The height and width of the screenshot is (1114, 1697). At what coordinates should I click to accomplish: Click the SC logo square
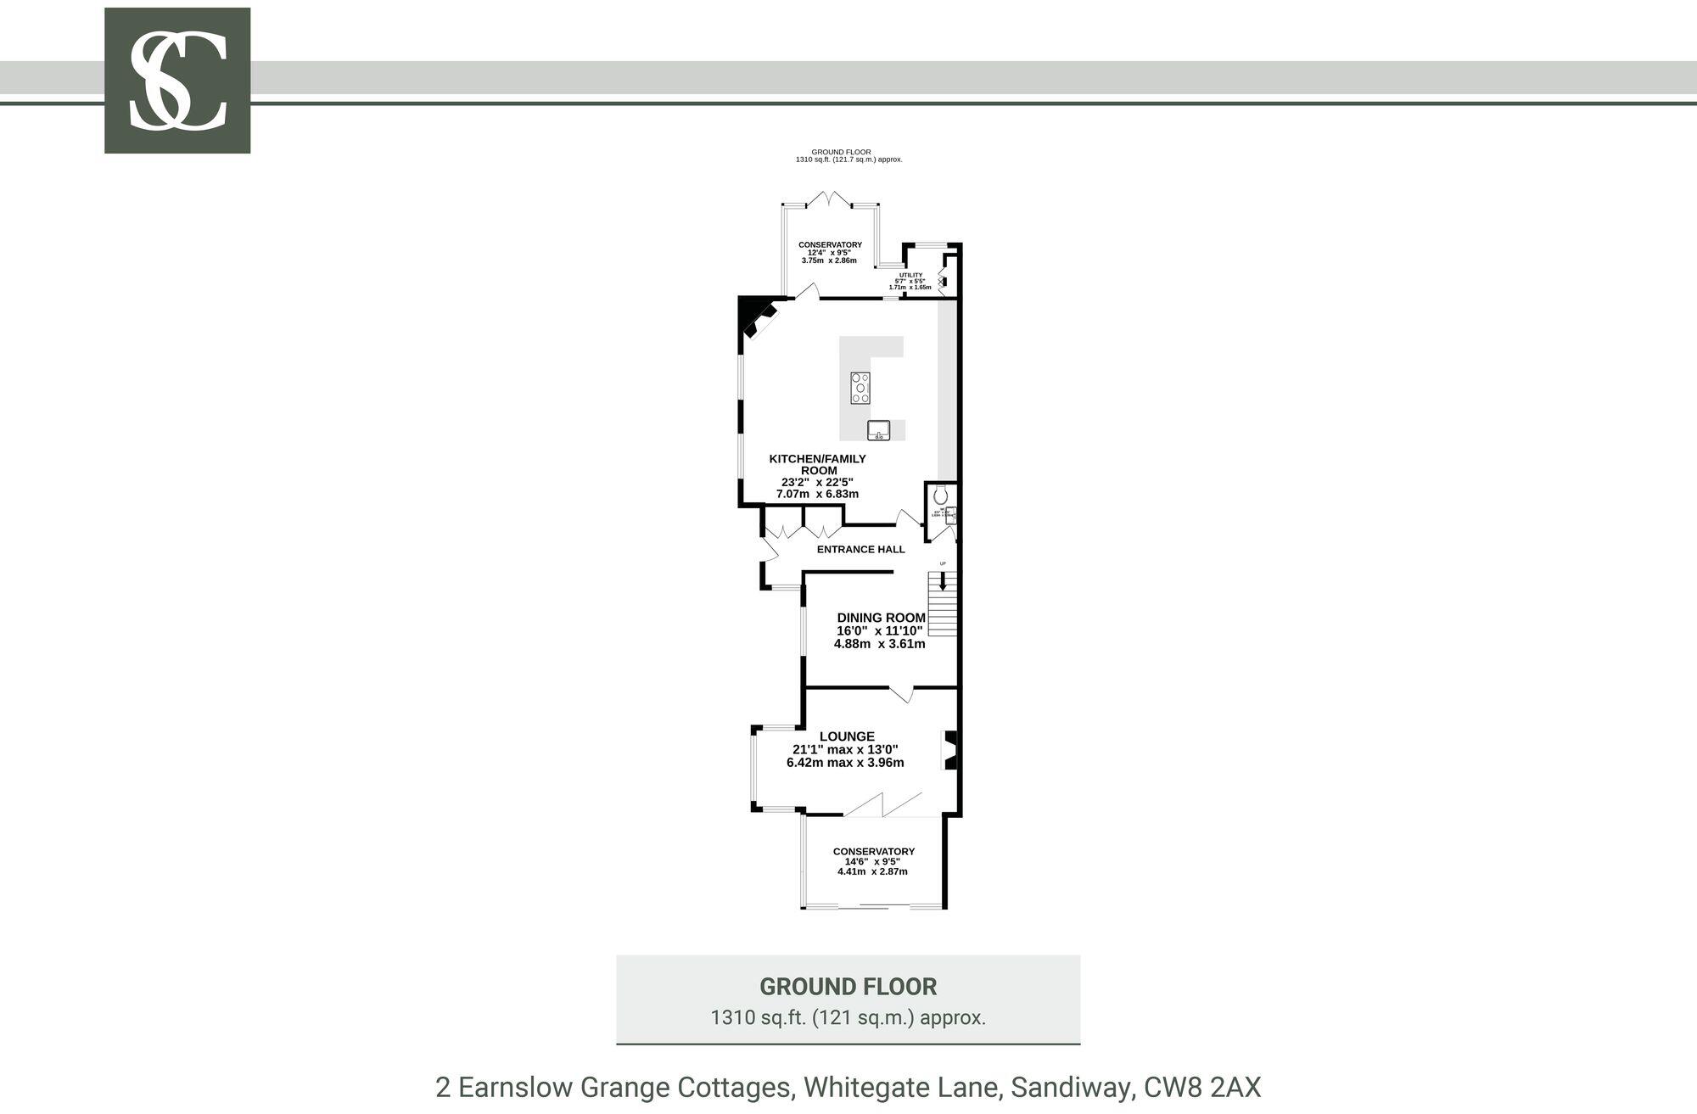(x=177, y=81)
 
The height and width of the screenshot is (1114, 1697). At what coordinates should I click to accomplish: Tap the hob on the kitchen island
(x=860, y=388)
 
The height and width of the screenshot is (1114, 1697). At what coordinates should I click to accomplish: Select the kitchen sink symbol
(x=878, y=430)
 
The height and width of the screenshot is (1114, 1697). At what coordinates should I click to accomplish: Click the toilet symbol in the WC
(x=939, y=494)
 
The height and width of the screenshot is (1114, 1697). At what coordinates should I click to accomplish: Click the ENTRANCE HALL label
(x=860, y=550)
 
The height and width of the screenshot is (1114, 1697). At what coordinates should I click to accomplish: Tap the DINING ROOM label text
(x=881, y=618)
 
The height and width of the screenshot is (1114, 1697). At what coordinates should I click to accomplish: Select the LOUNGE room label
(x=846, y=737)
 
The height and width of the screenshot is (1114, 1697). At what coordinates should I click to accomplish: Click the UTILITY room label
(x=910, y=275)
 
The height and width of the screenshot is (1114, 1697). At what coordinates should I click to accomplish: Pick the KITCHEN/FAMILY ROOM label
(x=817, y=464)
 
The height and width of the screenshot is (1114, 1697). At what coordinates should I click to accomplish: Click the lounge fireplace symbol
(x=950, y=750)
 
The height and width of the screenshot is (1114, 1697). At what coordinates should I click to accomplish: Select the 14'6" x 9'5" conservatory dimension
(x=872, y=861)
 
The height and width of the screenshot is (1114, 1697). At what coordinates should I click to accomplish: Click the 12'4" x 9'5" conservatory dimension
(x=829, y=253)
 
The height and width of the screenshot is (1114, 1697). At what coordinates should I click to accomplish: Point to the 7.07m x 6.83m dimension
(x=817, y=494)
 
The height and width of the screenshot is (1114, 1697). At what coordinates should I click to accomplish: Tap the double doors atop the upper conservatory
(x=829, y=200)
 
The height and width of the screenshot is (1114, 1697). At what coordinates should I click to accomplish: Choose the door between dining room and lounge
(x=901, y=693)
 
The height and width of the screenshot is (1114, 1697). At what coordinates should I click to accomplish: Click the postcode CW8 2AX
(x=1202, y=1087)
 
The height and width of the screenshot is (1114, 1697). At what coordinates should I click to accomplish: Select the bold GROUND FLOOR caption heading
(x=848, y=987)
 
